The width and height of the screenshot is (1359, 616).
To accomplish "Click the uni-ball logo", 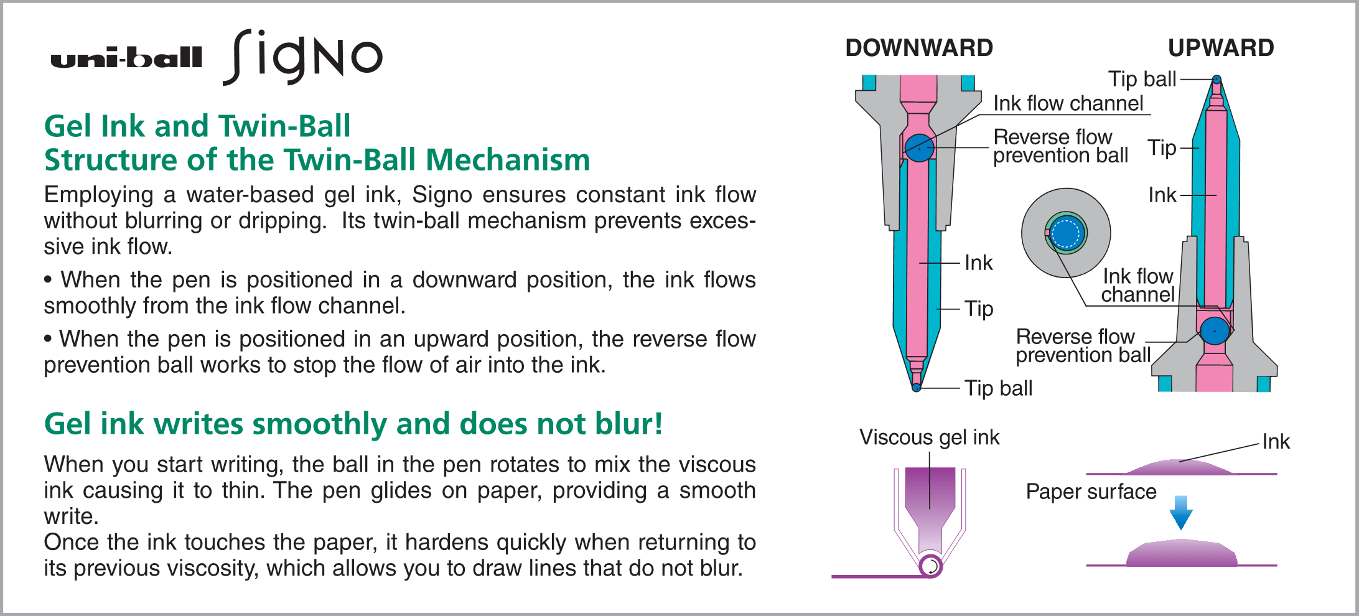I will (126, 58).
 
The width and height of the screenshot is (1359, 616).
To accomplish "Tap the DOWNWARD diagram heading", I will (918, 48).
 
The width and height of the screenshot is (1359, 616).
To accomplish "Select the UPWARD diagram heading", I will (1220, 48).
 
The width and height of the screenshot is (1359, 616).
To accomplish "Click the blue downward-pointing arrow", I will (1180, 512).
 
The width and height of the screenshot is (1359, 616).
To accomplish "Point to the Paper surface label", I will (1091, 492).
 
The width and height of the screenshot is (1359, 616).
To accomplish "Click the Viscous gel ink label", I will (929, 437).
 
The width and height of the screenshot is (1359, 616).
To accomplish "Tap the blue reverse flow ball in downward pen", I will (919, 148).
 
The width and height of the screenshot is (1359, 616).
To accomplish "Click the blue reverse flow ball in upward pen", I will (1214, 330).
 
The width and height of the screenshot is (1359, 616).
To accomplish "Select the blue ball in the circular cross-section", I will (1067, 233).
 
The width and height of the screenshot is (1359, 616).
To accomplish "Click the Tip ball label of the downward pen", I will (998, 388).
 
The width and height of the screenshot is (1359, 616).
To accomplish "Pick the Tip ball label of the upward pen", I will (1142, 79).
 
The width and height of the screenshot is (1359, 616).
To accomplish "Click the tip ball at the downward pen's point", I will (916, 388).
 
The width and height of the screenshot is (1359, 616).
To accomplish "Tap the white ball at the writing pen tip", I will (931, 566).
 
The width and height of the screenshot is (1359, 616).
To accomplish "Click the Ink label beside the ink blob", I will (1276, 442).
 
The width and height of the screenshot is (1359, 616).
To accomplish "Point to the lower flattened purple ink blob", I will (1181, 554).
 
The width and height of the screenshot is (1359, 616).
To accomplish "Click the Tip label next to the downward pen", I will (978, 309).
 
